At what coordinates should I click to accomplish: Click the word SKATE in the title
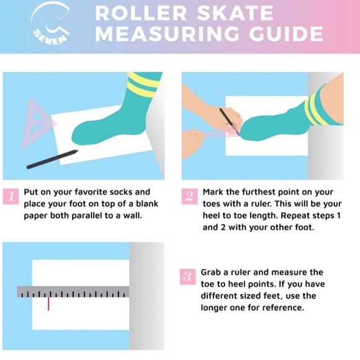coord(235,13)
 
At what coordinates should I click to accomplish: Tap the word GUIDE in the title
coord(287,34)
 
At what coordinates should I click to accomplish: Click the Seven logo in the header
coord(51,24)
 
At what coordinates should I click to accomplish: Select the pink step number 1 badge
coord(11,196)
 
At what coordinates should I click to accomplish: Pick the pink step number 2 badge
coord(189,196)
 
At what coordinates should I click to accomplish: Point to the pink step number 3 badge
coord(187,277)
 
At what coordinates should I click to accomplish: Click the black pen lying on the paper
coord(52,160)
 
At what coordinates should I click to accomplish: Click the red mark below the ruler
coord(48,304)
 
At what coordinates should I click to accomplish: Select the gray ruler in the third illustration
coord(73,292)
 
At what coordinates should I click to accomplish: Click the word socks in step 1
coord(121,192)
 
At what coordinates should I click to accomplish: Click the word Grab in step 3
coord(211,272)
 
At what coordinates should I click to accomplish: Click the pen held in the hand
coord(230,122)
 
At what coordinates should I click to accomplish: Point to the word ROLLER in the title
coord(141,13)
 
